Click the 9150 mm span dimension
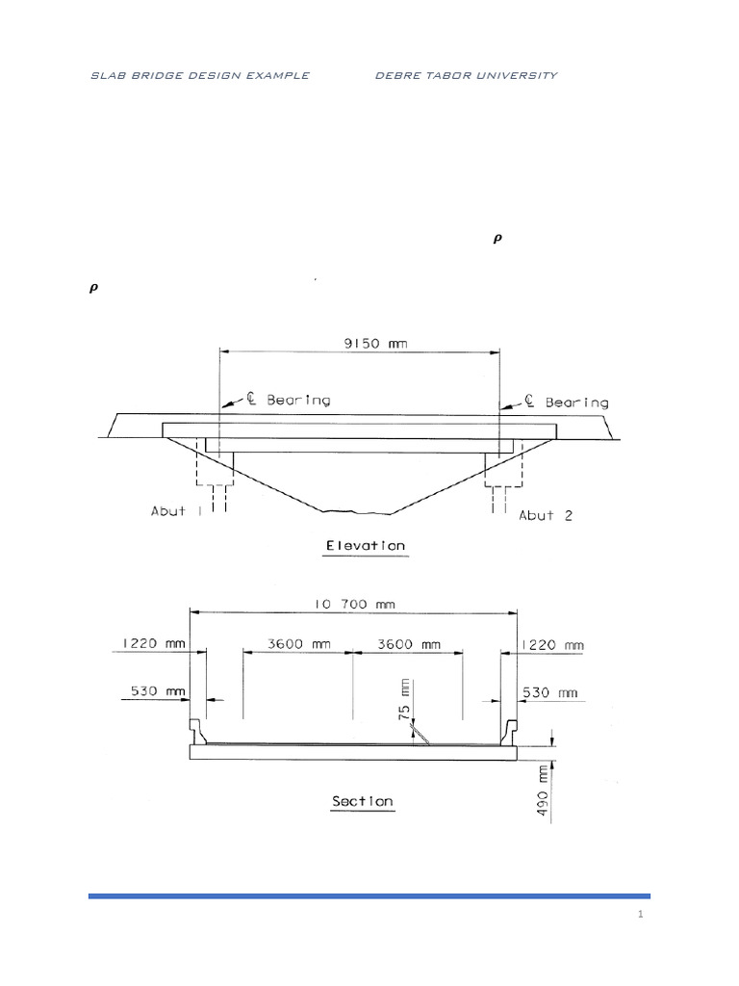375,344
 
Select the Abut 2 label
546,516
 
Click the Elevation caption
365,546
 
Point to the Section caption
363,801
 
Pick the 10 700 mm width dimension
354,605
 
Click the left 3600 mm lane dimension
299,644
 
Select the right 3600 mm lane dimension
408,644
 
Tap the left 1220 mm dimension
154,643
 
